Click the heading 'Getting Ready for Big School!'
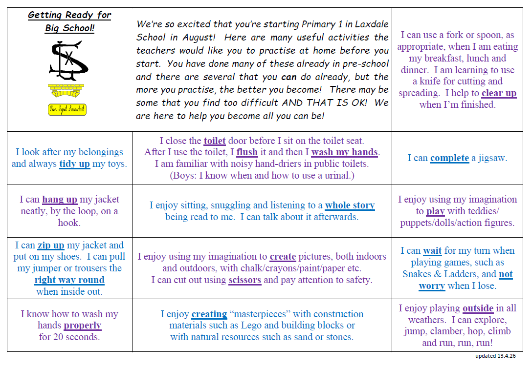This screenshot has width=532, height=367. pyautogui.click(x=69, y=21)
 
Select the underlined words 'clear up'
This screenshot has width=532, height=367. pyautogui.click(x=499, y=93)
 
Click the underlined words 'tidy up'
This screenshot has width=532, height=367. pyautogui.click(x=74, y=164)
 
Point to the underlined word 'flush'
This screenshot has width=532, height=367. pyautogui.click(x=247, y=152)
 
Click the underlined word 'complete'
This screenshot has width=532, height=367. pyautogui.click(x=449, y=158)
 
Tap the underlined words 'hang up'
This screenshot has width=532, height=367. pyautogui.click(x=60, y=200)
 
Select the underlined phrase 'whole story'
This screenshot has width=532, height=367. pyautogui.click(x=350, y=205)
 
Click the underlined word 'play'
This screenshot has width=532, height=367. pyautogui.click(x=435, y=211)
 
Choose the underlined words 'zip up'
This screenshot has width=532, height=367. pyautogui.click(x=51, y=245)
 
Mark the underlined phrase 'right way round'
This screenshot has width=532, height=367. pyautogui.click(x=69, y=280)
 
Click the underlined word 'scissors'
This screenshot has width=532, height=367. pyautogui.click(x=244, y=280)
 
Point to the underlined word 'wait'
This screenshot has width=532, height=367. pyautogui.click(x=432, y=251)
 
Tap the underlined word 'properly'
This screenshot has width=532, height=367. pyautogui.click(x=83, y=326)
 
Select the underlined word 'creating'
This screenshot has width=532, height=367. pyautogui.click(x=209, y=314)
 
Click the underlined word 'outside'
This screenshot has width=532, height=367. pyautogui.click(x=478, y=308)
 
